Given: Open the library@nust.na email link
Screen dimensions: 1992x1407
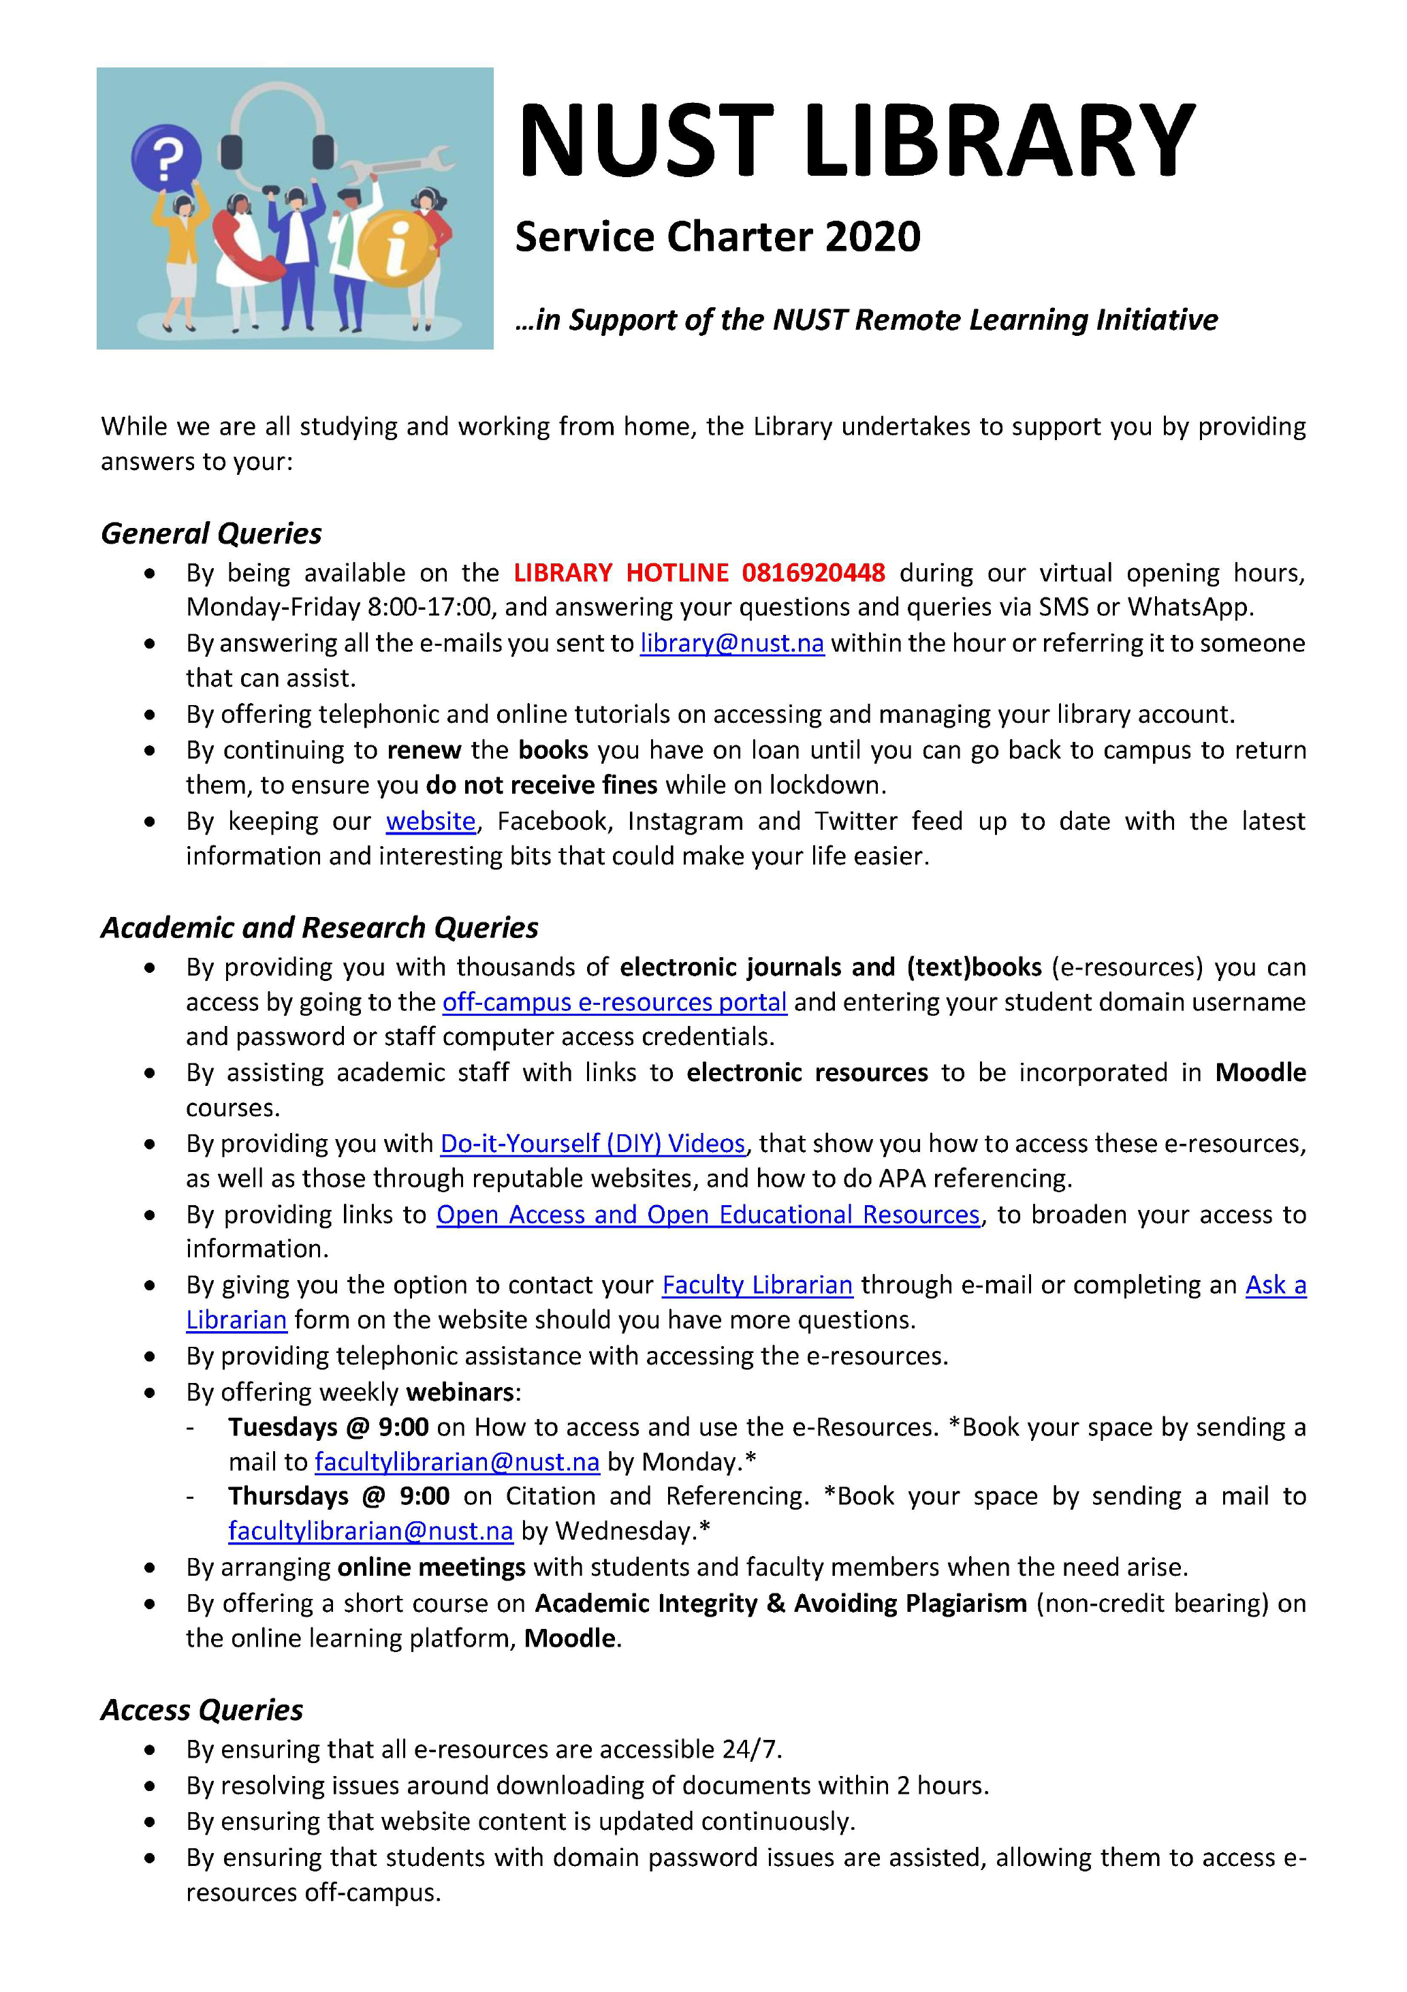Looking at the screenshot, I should (731, 643).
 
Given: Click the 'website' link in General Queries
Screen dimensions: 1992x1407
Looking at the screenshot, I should (430, 821).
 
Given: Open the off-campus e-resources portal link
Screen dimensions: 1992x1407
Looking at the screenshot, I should (614, 1002).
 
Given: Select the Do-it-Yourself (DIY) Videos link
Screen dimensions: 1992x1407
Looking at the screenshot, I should (592, 1143).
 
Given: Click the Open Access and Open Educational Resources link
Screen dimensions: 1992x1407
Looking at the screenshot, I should (708, 1215).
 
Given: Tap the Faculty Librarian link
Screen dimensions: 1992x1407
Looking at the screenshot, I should (757, 1285).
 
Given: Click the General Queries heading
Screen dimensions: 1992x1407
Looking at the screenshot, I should (211, 533).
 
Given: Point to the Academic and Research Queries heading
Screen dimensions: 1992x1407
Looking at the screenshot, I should (319, 927).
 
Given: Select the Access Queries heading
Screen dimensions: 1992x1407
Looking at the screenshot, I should (202, 1710).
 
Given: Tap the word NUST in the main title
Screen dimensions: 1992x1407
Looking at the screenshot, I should (646, 140).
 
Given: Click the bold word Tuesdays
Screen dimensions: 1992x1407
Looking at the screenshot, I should (283, 1427).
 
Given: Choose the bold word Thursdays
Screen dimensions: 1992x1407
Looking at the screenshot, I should (288, 1497).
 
